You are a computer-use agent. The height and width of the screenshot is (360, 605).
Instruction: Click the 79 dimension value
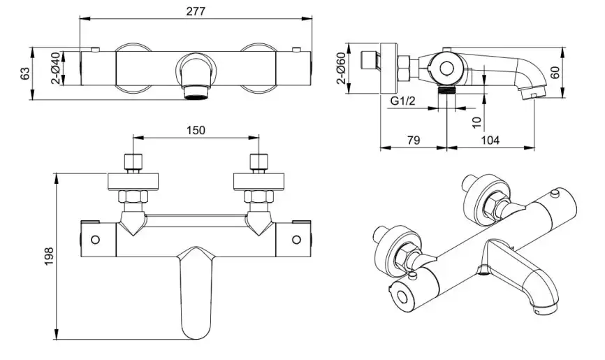[x=413, y=140]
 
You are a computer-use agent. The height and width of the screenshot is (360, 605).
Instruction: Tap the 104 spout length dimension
[x=490, y=140]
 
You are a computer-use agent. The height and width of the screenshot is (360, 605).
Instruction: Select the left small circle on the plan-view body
[x=96, y=240]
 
